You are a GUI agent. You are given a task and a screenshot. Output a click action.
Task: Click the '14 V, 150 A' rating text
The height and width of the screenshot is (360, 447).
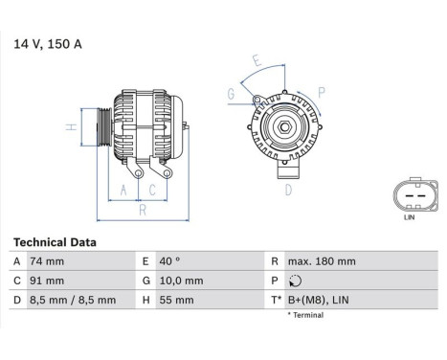47,43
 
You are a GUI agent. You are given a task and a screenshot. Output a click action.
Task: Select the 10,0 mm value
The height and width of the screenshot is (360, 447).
181,281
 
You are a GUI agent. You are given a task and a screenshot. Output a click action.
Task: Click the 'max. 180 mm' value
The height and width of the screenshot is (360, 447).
323,261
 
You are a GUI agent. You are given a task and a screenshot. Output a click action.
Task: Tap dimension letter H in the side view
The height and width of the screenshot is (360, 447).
70,127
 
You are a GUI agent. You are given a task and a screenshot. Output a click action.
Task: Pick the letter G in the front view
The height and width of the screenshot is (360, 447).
231,93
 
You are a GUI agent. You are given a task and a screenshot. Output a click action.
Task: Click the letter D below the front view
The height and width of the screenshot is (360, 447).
287,190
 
